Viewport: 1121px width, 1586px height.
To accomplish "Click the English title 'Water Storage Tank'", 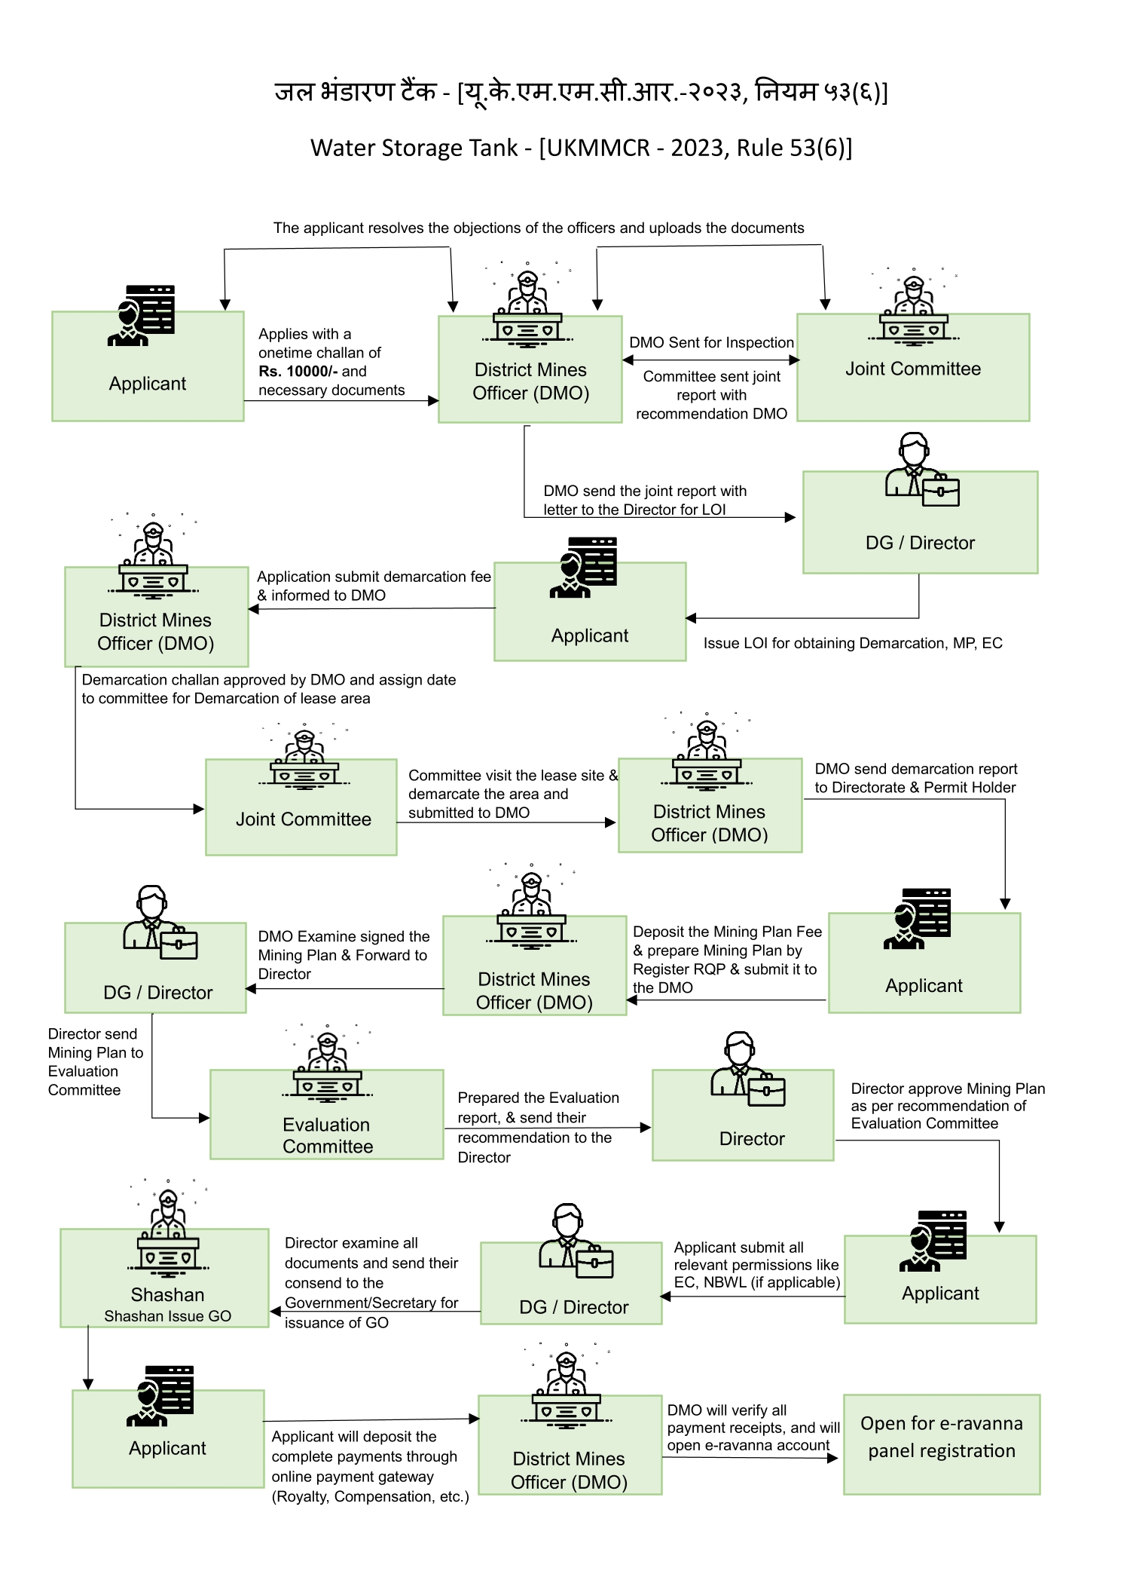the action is (414, 148).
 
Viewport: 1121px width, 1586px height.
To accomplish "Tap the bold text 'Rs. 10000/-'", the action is (298, 371).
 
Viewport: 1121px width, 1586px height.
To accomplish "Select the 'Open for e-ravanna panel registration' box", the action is (941, 1444).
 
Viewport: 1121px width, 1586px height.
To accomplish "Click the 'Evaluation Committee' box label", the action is (327, 1135).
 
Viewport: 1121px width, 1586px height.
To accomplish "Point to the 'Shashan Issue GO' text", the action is (167, 1315).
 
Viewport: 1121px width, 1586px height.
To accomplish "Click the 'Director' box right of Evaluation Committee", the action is (743, 1115).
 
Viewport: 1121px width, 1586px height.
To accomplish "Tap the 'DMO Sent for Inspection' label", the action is (711, 342).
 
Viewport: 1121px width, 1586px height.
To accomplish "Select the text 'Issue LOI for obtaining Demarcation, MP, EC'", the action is (853, 643).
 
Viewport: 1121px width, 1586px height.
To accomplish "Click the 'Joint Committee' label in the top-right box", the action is (913, 369).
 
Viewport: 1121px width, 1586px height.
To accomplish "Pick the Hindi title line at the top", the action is (581, 92).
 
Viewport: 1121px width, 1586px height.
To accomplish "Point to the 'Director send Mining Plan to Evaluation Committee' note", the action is (95, 1061).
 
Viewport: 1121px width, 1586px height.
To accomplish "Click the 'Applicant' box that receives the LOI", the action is (590, 611).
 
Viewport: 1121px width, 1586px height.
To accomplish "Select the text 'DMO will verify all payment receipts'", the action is (753, 1419).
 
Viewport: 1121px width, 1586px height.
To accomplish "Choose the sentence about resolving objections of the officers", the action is (539, 228).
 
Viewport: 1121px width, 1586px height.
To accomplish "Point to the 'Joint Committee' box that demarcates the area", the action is (301, 807).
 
